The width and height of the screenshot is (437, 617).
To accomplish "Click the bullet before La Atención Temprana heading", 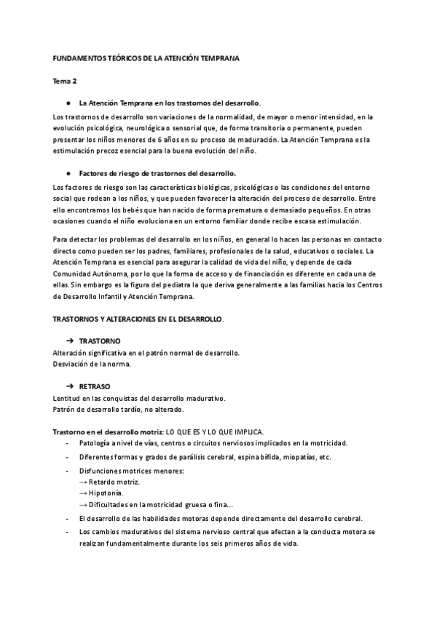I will pyautogui.click(x=67, y=103).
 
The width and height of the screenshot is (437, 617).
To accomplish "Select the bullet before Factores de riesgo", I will pyautogui.click(x=67, y=174).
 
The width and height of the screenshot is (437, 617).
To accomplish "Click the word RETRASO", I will pyautogui.click(x=95, y=386).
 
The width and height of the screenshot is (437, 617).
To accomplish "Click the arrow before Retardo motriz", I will pyautogui.click(x=84, y=482).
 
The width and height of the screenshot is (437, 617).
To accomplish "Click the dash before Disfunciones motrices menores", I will pyautogui.click(x=68, y=471).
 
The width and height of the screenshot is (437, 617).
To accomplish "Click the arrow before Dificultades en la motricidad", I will pyautogui.click(x=84, y=504).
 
